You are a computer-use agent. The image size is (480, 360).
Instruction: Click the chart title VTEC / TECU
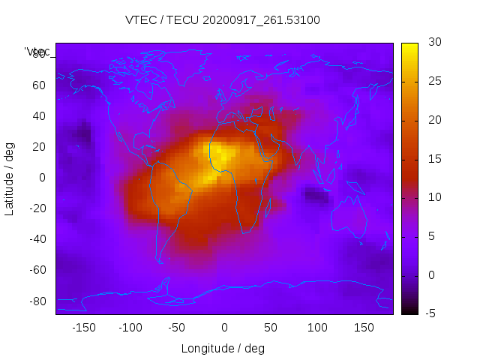(x=223, y=20)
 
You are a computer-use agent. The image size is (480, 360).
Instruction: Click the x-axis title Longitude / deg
(x=223, y=348)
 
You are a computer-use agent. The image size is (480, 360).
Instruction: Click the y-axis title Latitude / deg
(x=10, y=178)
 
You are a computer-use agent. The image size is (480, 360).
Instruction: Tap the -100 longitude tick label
(x=130, y=327)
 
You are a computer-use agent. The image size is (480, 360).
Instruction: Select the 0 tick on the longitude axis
(x=223, y=327)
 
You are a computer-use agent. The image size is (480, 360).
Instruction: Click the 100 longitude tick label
(x=317, y=327)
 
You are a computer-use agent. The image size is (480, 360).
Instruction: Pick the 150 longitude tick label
(x=364, y=327)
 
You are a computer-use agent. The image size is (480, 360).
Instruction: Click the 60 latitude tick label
(x=39, y=85)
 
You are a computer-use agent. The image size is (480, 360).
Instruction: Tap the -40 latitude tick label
(x=37, y=239)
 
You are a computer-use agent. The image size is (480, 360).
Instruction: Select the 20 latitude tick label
(x=39, y=147)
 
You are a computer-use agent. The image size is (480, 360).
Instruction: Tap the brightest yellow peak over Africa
(x=220, y=155)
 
